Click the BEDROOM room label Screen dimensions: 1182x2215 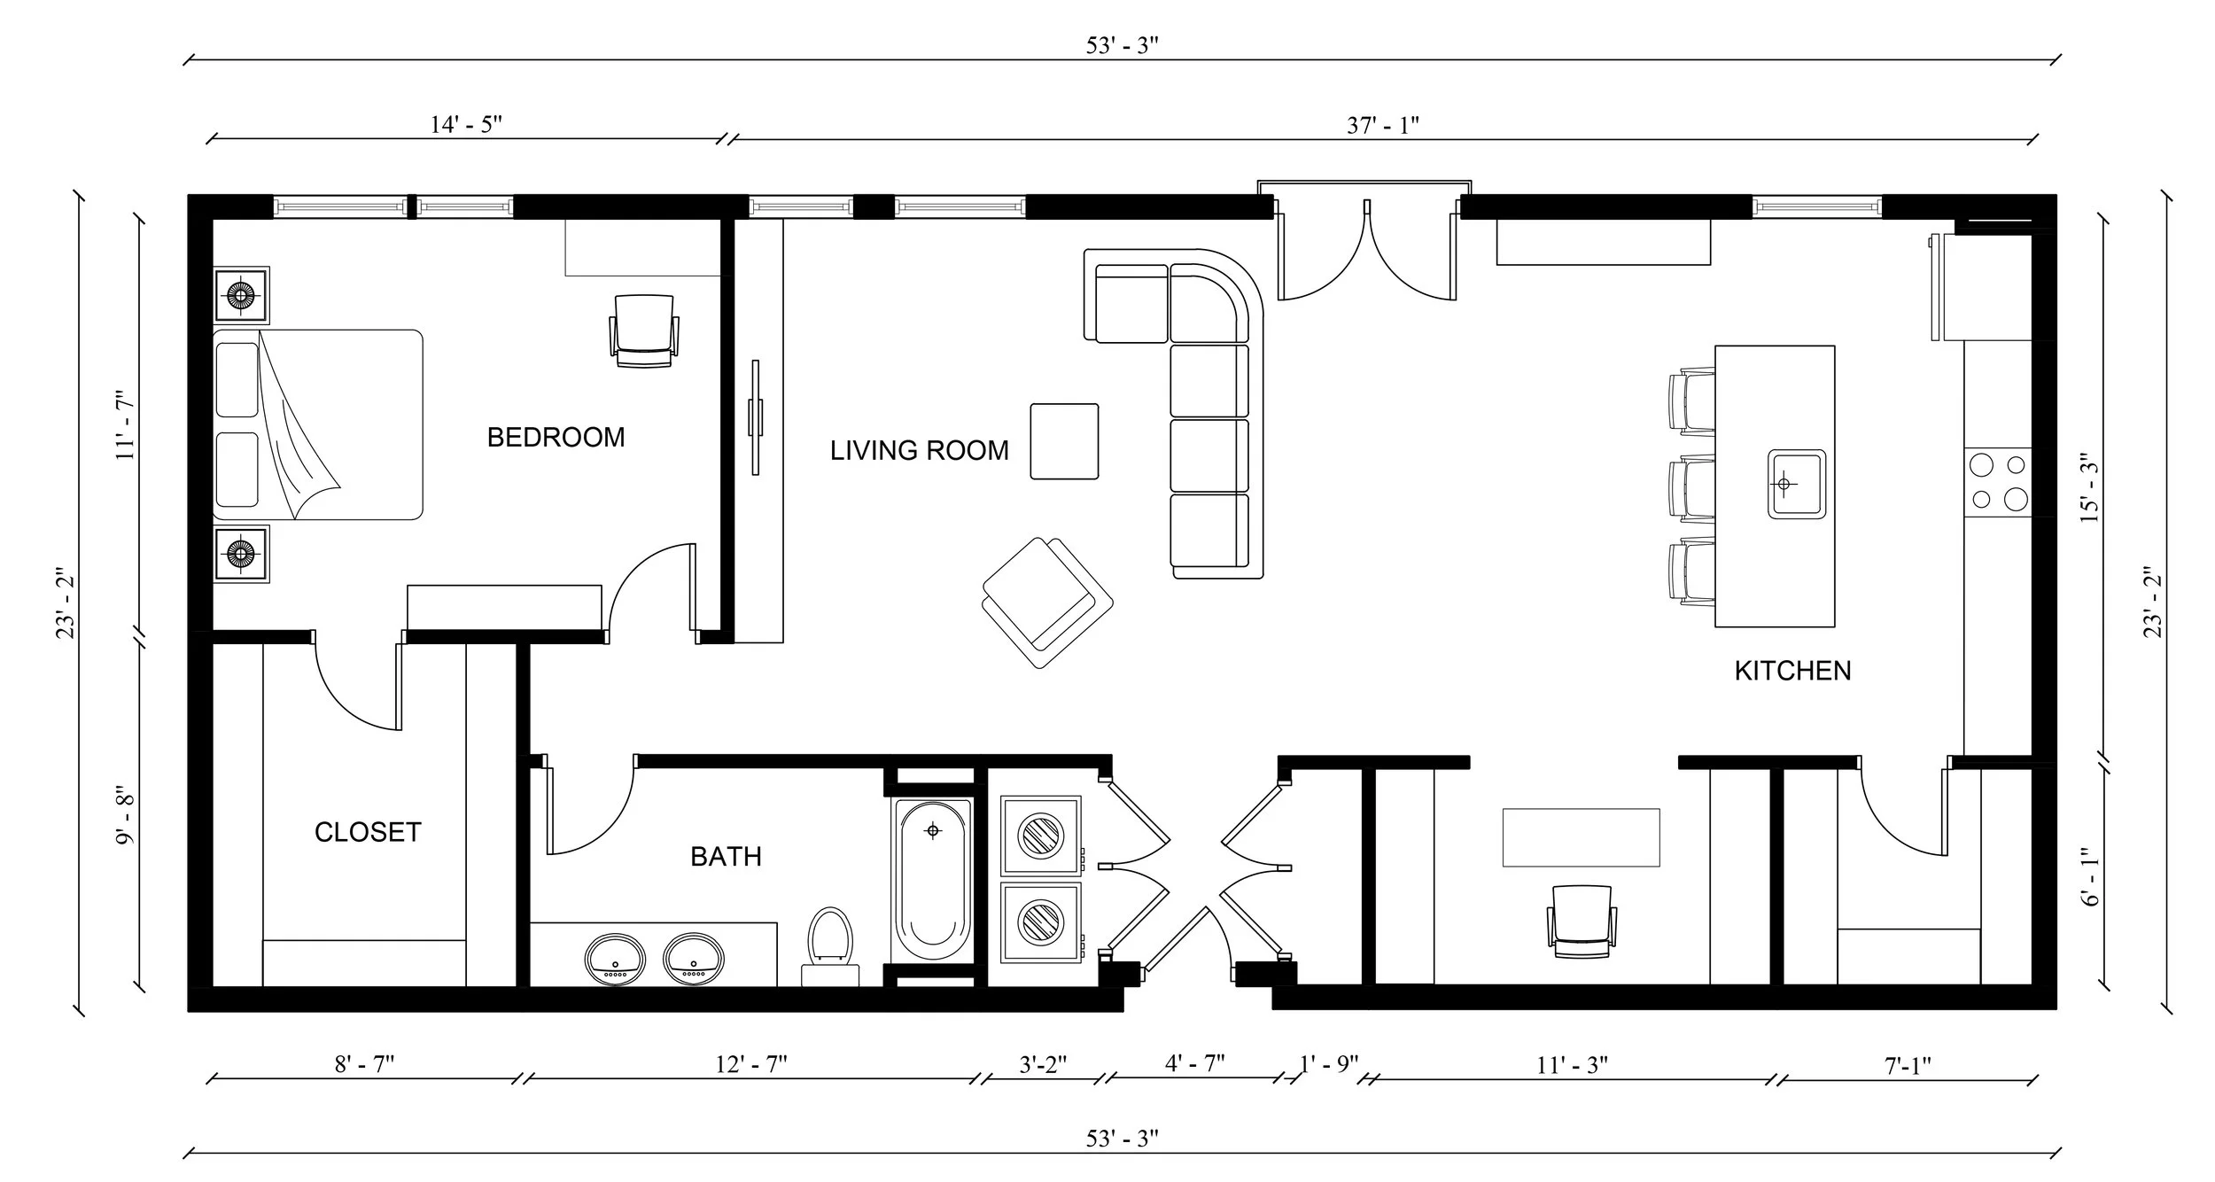point(556,437)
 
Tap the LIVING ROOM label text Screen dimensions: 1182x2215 point(919,451)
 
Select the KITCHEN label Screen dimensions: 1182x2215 point(1792,671)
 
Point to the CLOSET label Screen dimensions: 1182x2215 point(368,832)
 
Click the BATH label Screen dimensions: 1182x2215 point(726,857)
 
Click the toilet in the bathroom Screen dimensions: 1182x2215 point(830,941)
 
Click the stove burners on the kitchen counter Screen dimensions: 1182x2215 point(1997,482)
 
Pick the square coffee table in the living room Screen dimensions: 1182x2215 point(1064,441)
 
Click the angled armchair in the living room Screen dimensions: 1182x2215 point(1046,601)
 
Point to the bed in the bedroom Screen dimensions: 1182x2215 point(317,424)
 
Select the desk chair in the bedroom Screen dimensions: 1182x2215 point(644,330)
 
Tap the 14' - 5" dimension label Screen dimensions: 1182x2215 point(466,124)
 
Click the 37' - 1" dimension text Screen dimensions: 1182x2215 point(1382,125)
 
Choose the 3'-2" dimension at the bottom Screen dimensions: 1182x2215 point(1042,1064)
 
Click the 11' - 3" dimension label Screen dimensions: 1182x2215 point(1572,1065)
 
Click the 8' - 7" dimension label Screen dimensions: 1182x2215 point(363,1064)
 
